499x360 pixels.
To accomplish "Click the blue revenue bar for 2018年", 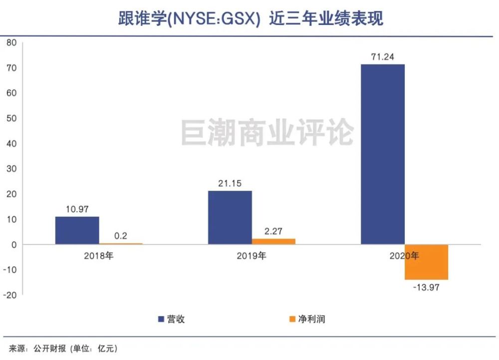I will pyautogui.click(x=77, y=230).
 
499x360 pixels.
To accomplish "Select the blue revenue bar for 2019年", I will pyautogui.click(x=230, y=217).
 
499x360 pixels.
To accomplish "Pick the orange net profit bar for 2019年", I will pyautogui.click(x=273, y=241).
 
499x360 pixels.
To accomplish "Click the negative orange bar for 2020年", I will pyautogui.click(x=426, y=262).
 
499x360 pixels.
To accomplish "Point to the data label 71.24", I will pyautogui.click(x=382, y=57).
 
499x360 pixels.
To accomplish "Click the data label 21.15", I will pyautogui.click(x=230, y=183).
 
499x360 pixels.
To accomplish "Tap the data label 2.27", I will pyautogui.click(x=273, y=231).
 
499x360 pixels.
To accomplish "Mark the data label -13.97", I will pyautogui.click(x=426, y=288).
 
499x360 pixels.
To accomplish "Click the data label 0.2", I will pyautogui.click(x=120, y=236).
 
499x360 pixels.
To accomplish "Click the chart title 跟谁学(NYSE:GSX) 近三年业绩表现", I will pyautogui.click(x=250, y=18).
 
